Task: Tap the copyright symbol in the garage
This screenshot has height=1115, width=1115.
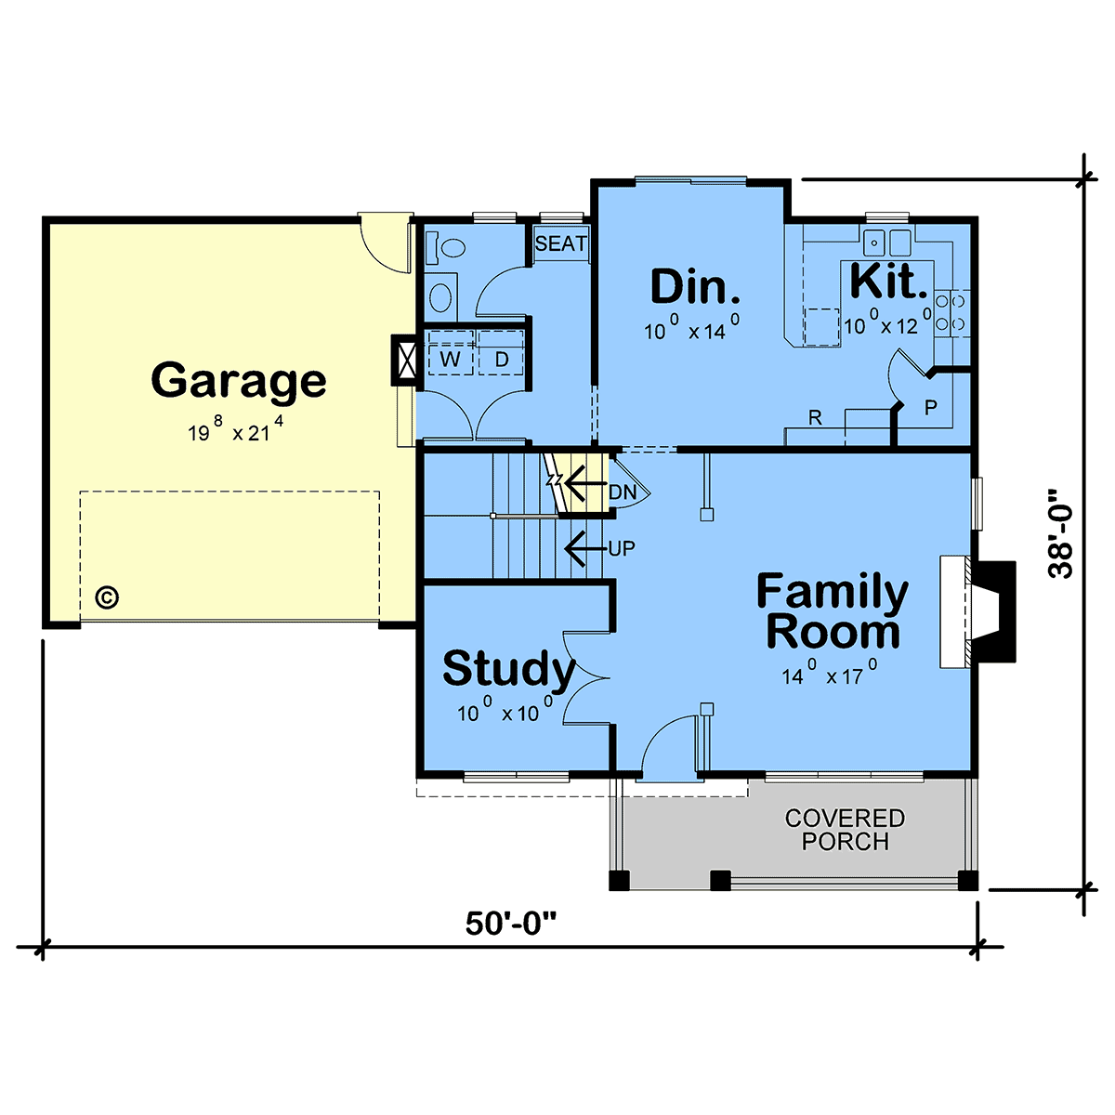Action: (x=107, y=597)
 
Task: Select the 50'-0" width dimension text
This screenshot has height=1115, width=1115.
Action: (x=510, y=923)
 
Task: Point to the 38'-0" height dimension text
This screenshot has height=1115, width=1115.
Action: (x=1060, y=533)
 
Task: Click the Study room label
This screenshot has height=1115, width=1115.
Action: (x=508, y=669)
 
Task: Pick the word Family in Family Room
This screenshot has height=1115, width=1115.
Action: (x=832, y=592)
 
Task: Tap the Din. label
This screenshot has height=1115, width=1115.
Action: (x=695, y=286)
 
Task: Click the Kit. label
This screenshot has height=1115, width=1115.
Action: (x=889, y=282)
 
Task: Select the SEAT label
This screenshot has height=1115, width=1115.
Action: (x=560, y=243)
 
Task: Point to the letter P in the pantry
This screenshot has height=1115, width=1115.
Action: (x=930, y=407)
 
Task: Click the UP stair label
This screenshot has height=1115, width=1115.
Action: (x=622, y=548)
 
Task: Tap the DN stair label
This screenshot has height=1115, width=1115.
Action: (x=623, y=492)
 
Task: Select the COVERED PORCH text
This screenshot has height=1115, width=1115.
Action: (x=845, y=830)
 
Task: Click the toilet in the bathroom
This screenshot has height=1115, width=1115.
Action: (x=446, y=248)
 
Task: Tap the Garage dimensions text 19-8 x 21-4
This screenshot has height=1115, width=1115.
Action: (x=235, y=429)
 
